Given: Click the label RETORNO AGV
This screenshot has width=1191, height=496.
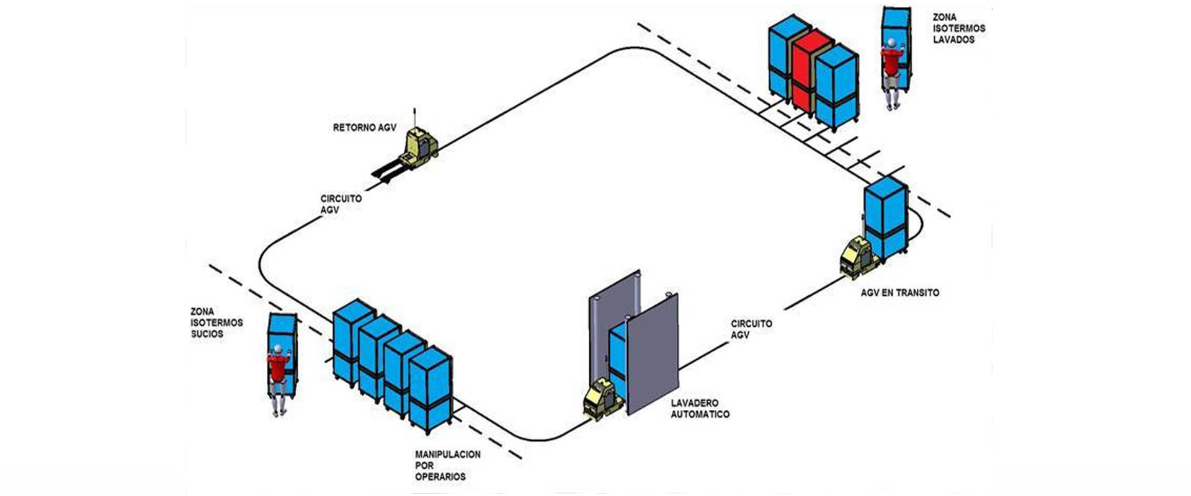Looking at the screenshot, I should (364, 128).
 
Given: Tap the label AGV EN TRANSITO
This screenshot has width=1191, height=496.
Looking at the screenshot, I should (899, 293).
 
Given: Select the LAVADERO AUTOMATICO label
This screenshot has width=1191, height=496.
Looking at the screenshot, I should (700, 409).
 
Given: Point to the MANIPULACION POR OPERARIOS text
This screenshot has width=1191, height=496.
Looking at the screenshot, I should (447, 466).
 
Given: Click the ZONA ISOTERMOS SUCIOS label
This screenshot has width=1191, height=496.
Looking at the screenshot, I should (216, 322).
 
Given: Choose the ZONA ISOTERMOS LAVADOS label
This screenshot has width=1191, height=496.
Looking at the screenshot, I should (958, 29).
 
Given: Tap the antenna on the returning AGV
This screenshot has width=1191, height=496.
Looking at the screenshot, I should (415, 118).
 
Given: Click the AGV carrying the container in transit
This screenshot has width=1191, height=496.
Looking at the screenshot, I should (859, 259).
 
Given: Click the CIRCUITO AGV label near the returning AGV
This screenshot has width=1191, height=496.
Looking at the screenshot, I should (341, 204).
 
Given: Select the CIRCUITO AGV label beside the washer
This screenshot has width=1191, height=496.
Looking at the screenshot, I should (751, 329).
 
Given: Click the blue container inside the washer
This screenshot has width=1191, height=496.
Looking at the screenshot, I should (617, 353).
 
